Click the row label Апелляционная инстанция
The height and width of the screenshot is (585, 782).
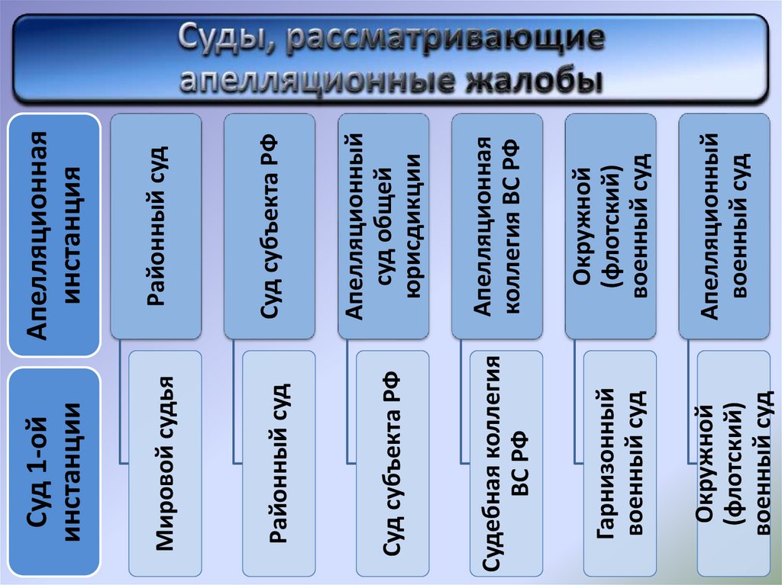[x=54, y=234]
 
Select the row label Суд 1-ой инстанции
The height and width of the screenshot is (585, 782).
[x=54, y=473]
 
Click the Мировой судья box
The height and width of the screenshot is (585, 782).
[x=166, y=463]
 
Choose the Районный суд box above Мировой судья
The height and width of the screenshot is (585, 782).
[x=156, y=226]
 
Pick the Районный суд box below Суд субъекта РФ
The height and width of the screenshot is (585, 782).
[x=279, y=463]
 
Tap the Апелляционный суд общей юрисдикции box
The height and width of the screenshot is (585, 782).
[x=383, y=226]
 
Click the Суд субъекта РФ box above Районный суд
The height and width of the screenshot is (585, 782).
[x=270, y=226]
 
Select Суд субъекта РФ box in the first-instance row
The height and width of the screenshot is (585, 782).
[x=393, y=463]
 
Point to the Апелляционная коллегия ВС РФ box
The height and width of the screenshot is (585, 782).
[x=497, y=226]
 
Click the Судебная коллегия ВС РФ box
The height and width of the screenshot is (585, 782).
[x=506, y=463]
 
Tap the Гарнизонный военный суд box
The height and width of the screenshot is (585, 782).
[x=619, y=463]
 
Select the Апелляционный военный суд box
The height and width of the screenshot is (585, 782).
[x=725, y=226]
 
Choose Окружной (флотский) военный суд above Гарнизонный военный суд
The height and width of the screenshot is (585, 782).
[x=611, y=226]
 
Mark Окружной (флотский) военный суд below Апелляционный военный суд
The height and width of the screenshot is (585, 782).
[x=732, y=463]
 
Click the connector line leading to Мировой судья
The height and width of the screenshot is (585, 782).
[x=121, y=404]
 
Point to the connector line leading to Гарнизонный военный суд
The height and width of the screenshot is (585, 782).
[x=576, y=404]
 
